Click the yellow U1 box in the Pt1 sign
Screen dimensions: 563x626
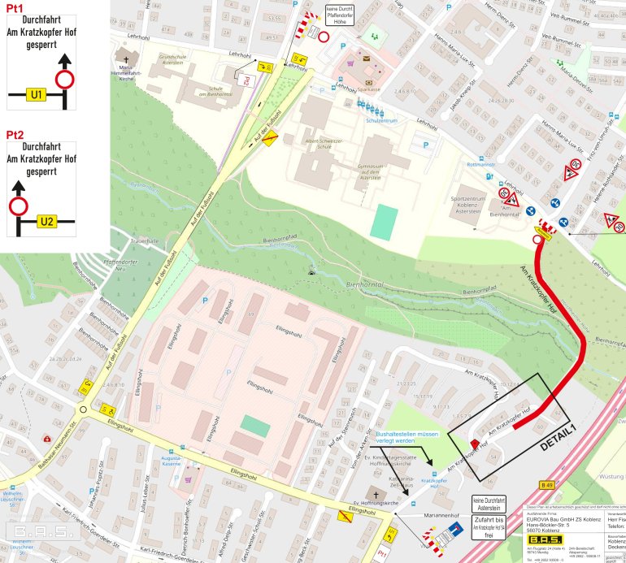[x=35, y=94]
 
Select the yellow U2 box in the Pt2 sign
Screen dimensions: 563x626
[x=47, y=221]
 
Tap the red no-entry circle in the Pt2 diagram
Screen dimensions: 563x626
[x=18, y=207]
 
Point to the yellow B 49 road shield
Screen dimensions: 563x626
[x=547, y=485]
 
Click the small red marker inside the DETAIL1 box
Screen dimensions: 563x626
[x=475, y=444]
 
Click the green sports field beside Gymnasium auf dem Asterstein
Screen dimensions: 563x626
[x=384, y=222]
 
